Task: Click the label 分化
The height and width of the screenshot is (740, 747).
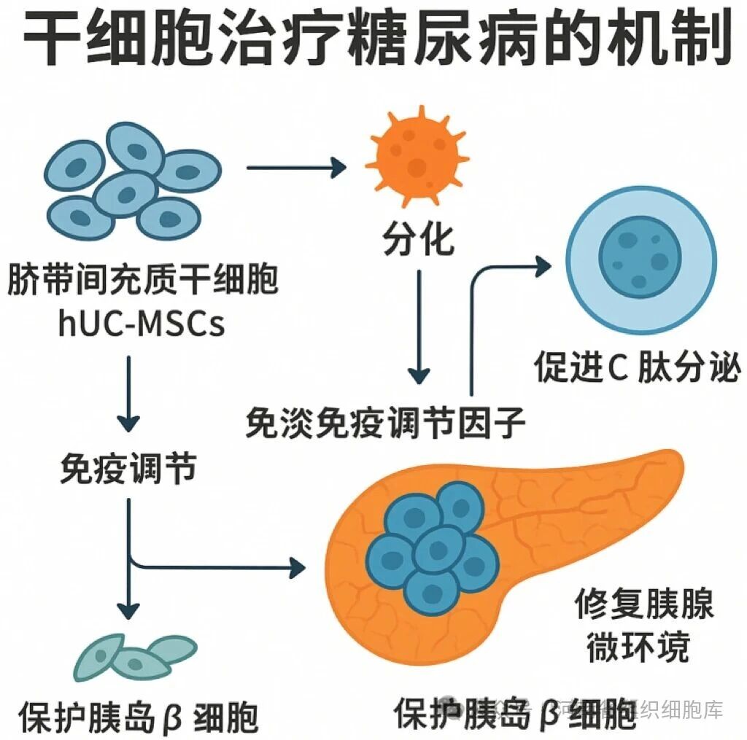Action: [x=418, y=238]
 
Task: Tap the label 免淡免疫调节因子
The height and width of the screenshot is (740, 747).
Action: [x=386, y=421]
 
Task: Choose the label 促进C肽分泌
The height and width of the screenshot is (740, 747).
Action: [x=637, y=369]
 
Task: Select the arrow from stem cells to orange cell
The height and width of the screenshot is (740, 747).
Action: [x=295, y=168]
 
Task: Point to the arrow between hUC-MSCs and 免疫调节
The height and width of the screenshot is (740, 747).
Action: [x=128, y=394]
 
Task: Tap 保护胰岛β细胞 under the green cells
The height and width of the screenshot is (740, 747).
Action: [x=139, y=717]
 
